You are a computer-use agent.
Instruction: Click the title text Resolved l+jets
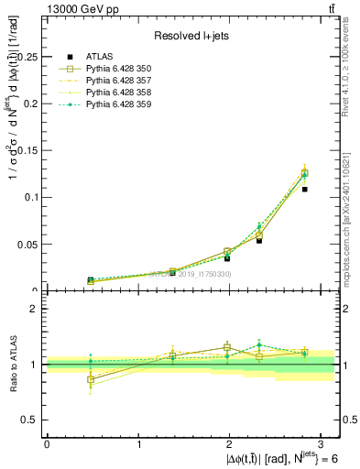pyautogui.click(x=191, y=36)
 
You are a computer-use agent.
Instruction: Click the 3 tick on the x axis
pyautogui.click(x=323, y=443)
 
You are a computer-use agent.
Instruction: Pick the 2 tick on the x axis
pyautogui.click(x=231, y=443)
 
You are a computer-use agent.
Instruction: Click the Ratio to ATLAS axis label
pyautogui.click(x=12, y=364)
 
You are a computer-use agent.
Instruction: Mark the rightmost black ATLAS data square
pyautogui.click(x=304, y=190)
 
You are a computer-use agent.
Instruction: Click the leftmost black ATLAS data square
pyautogui.click(x=91, y=280)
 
